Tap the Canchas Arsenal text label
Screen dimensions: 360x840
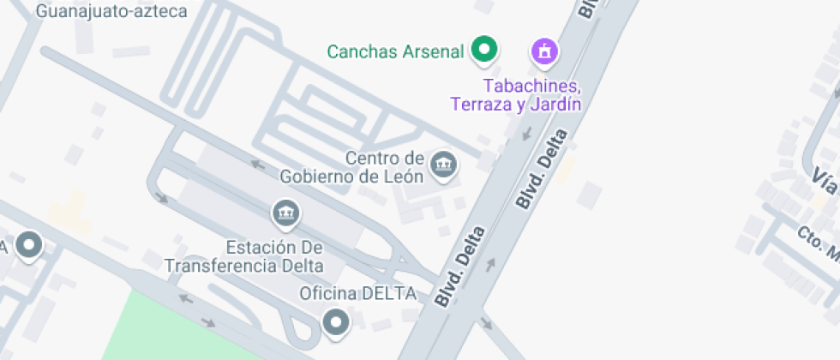[395, 51]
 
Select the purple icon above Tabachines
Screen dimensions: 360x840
[543, 52]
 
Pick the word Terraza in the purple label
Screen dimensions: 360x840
[480, 105]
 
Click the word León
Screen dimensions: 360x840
[404, 177]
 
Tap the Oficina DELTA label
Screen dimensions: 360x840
[357, 293]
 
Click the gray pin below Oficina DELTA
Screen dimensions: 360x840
[336, 323]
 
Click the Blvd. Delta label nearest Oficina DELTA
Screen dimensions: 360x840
[461, 267]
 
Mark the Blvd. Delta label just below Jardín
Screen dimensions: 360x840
[542, 168]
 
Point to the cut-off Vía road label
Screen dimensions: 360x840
[825, 181]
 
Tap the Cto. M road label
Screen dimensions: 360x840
[818, 243]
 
